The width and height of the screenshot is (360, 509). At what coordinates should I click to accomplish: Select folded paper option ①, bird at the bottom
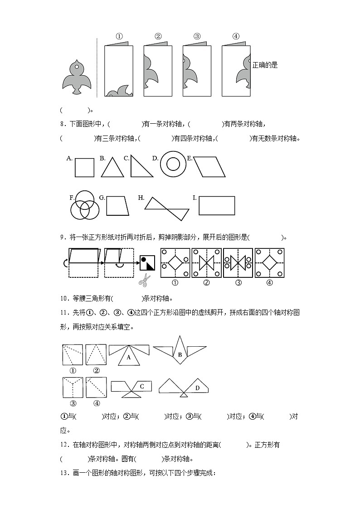tap(119, 70)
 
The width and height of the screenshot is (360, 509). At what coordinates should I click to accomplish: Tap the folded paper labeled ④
tap(236, 70)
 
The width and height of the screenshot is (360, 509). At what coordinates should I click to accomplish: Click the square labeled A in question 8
tap(84, 167)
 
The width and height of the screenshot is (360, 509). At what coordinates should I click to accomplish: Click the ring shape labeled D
tap(173, 165)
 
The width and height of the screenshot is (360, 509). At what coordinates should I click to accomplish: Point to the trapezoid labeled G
tap(117, 206)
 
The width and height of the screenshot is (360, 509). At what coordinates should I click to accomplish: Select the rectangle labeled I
tap(217, 205)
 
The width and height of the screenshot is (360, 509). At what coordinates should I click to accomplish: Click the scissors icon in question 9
tap(144, 280)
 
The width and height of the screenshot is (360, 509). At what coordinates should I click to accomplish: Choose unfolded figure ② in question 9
tap(206, 262)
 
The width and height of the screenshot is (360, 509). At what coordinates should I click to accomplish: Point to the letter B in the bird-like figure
tap(180, 355)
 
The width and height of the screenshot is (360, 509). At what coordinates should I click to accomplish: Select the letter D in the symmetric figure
tap(197, 388)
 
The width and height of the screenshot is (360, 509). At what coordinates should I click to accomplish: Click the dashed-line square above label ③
tap(73, 388)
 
